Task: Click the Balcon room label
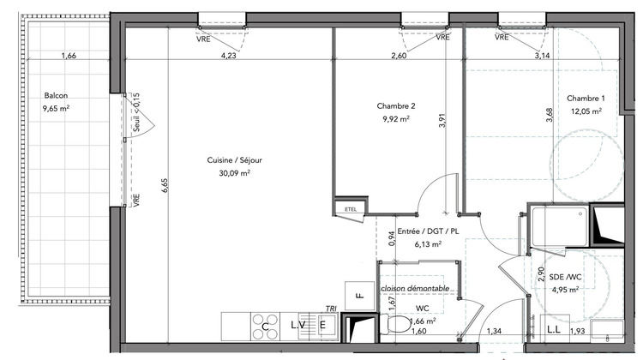[x=57, y=97]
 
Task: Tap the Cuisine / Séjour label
[x=227, y=159]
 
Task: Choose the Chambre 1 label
[x=585, y=98]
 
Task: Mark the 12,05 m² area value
[x=586, y=111]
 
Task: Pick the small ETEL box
[x=350, y=208]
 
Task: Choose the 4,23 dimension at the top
[x=229, y=57]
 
